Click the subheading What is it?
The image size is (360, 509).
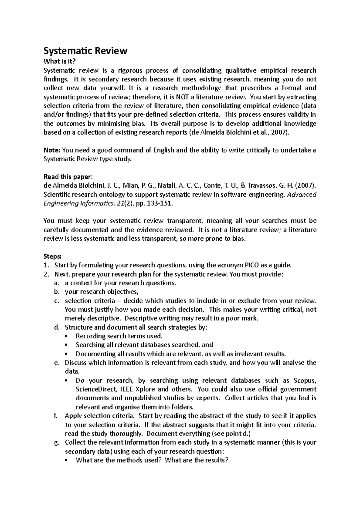point(58,61)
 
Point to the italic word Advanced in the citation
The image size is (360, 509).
point(302,195)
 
